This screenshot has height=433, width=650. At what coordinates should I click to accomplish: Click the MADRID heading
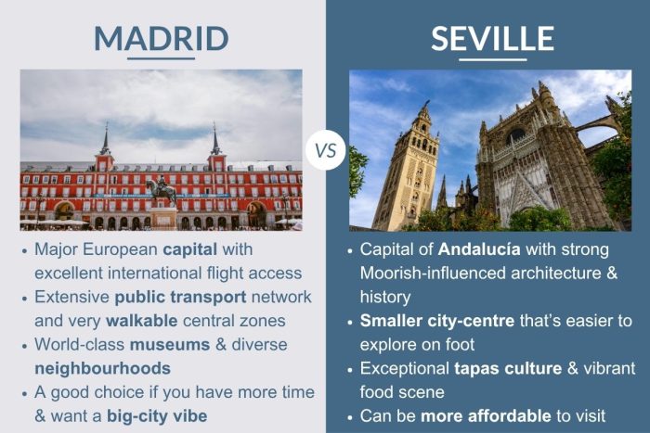tap(161, 38)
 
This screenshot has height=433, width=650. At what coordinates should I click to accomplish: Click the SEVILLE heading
tap(492, 38)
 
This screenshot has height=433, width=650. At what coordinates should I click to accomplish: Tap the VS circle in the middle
tap(326, 148)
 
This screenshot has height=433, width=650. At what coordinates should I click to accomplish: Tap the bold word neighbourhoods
tap(102, 368)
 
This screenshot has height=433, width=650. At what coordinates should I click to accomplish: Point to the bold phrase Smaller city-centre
tap(435, 321)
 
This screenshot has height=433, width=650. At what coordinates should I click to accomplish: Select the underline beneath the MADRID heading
tap(161, 59)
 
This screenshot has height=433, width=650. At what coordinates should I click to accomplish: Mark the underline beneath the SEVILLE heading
tap(492, 59)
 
